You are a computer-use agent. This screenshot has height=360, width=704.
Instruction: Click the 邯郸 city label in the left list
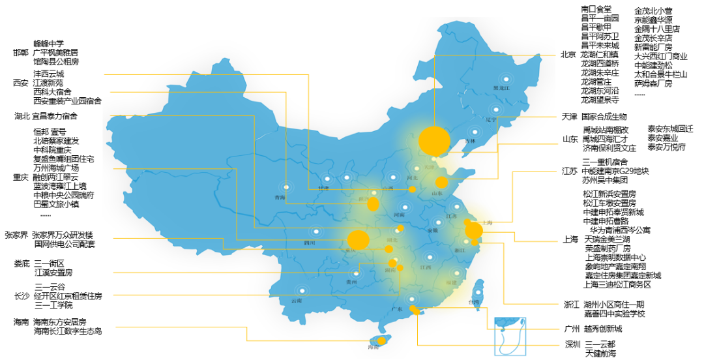[x=21, y=52]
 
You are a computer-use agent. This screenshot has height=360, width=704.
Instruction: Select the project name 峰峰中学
[x=49, y=43]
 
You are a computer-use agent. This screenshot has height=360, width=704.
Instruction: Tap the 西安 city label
[x=21, y=83]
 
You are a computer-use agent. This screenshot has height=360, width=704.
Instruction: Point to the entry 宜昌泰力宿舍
[x=55, y=117]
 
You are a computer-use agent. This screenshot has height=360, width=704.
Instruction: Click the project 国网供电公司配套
[x=65, y=245]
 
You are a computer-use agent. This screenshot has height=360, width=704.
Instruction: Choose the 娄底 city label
[x=22, y=263]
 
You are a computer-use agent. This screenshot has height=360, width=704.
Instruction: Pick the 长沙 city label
[x=22, y=296]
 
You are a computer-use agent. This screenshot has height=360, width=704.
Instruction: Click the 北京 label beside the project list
[x=568, y=55]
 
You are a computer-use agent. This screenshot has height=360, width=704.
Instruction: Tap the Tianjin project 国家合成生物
[x=604, y=117]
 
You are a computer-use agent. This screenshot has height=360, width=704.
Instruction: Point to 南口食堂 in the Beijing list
[x=596, y=9]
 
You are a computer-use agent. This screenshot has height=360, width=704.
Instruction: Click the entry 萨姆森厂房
[x=653, y=83]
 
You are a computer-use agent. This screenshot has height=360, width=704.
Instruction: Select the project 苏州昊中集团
[x=606, y=179]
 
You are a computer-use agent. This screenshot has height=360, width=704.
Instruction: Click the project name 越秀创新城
[x=604, y=329]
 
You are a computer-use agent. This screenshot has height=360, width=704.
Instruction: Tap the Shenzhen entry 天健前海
[x=600, y=353]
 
